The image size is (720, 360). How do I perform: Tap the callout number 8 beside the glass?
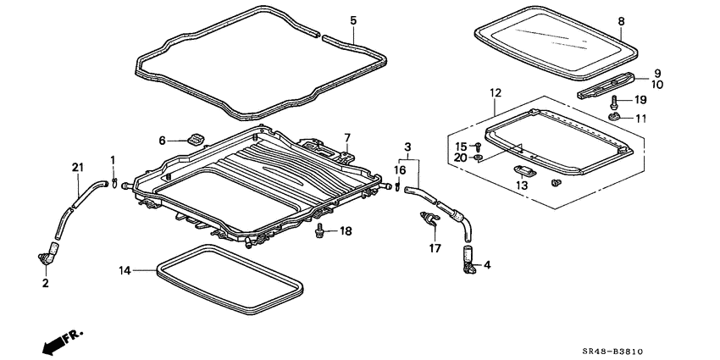(621, 20)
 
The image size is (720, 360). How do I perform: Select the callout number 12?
(496, 92)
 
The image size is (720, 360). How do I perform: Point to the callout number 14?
(125, 271)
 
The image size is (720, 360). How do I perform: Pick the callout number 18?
(345, 231)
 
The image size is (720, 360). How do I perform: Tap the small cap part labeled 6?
(196, 138)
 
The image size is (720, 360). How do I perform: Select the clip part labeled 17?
(427, 221)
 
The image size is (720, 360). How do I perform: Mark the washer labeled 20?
(479, 158)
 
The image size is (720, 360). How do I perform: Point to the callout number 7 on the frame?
(346, 137)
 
